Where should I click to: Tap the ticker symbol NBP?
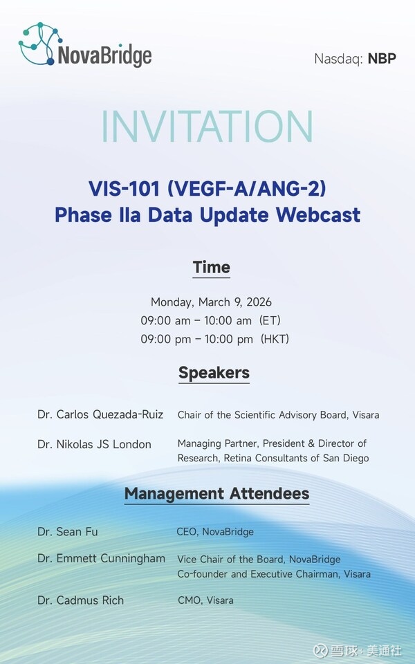coord(382,58)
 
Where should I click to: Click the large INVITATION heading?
coord(207,126)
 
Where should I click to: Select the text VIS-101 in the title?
coord(124,188)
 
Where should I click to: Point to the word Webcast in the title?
coord(318,214)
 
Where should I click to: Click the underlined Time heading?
coord(212,268)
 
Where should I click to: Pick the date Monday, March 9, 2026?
coord(212,302)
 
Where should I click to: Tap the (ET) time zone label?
coord(270,320)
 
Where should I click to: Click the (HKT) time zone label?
coord(275,339)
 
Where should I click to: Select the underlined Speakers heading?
coord(214,373)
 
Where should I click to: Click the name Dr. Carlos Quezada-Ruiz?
coord(100,414)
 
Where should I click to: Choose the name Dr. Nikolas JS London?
coord(95,444)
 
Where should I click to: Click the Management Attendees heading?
coord(216,494)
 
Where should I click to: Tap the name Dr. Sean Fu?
coord(68,531)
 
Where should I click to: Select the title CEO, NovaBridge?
coord(215,532)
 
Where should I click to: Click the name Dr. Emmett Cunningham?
coord(101,559)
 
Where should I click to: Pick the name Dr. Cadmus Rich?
coord(80,600)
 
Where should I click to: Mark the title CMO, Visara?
coord(205,600)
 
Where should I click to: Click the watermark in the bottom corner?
coord(357,650)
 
